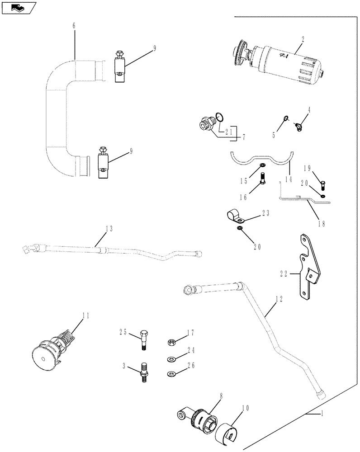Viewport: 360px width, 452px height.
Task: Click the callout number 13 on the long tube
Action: [109, 229]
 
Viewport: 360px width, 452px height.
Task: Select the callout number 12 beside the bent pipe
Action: [279, 299]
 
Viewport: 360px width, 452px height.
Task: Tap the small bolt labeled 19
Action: [322, 184]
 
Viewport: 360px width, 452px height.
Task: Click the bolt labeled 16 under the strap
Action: [263, 184]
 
